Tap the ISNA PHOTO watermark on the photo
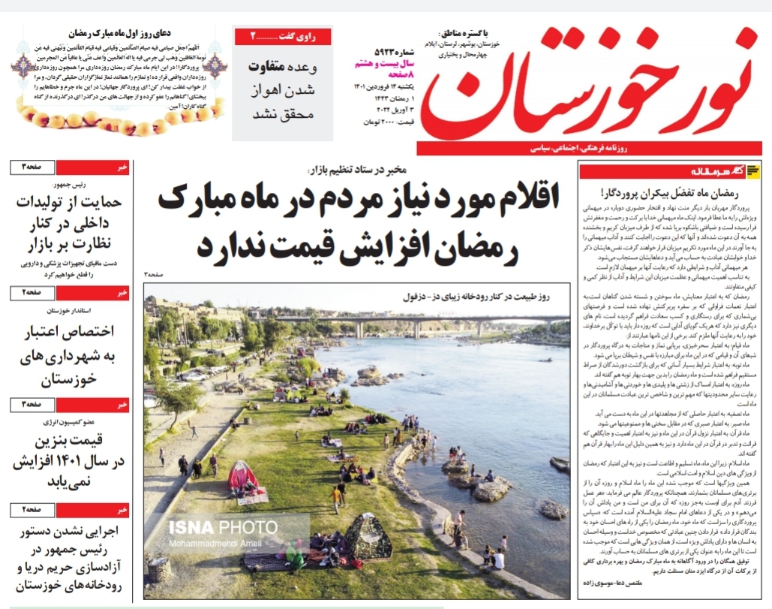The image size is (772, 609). point(223,527)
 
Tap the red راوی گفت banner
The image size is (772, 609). point(281,35)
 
